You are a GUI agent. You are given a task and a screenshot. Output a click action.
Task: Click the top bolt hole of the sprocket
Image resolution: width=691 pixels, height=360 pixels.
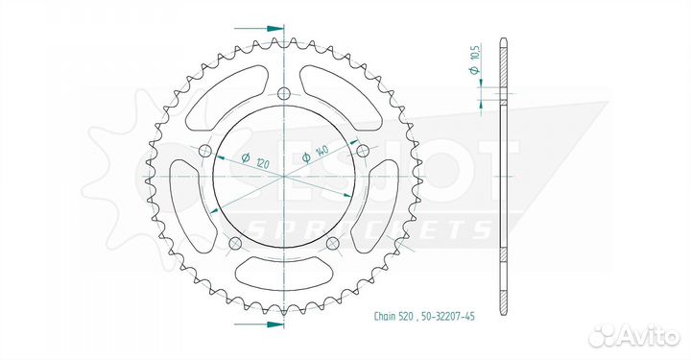click(x=283, y=94)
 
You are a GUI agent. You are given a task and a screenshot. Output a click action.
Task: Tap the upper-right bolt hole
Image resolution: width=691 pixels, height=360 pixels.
click(x=362, y=152)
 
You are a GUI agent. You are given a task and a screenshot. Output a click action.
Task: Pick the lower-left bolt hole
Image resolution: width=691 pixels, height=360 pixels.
click(x=234, y=244)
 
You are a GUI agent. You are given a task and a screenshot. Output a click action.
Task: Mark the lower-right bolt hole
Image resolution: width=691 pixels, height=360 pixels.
click(x=331, y=244)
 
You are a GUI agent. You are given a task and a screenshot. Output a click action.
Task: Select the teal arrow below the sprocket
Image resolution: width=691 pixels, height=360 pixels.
click(x=272, y=325)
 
